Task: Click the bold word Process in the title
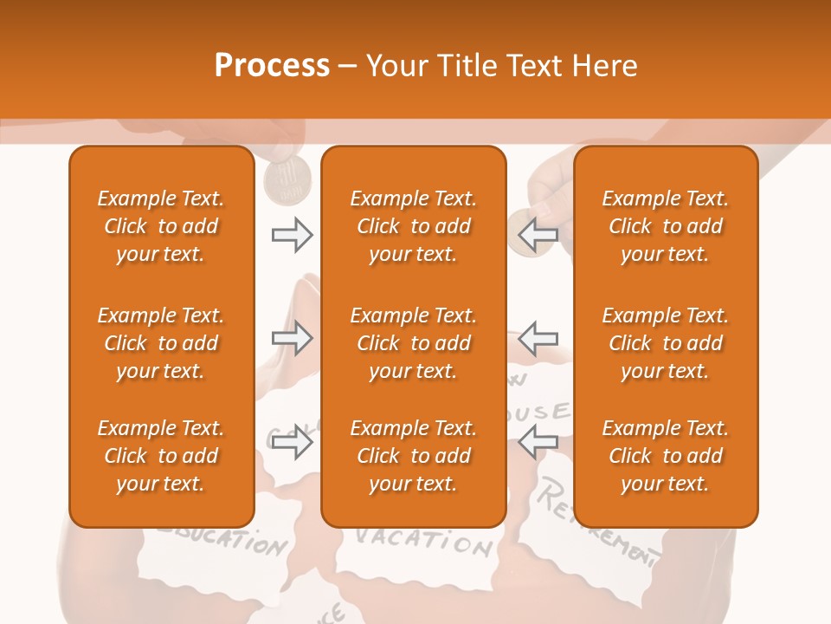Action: pyautogui.click(x=272, y=66)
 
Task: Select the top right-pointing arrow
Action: pyautogui.click(x=292, y=235)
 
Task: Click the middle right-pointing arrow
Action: pyautogui.click(x=292, y=338)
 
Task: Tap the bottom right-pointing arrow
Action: pyautogui.click(x=292, y=443)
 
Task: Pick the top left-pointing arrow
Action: pyautogui.click(x=538, y=235)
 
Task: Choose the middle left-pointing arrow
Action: pyautogui.click(x=538, y=338)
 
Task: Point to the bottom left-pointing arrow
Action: pyautogui.click(x=538, y=443)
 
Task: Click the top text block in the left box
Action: pyautogui.click(x=161, y=226)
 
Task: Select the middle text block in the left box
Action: pyautogui.click(x=161, y=343)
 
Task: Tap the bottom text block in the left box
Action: pyautogui.click(x=161, y=456)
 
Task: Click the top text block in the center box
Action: pyautogui.click(x=414, y=226)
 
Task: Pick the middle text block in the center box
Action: pyautogui.click(x=414, y=343)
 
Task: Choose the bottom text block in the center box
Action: pyautogui.click(x=414, y=456)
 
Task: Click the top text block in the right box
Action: pyautogui.click(x=666, y=226)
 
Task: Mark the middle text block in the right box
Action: pyautogui.click(x=666, y=343)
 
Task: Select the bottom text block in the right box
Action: pyautogui.click(x=666, y=456)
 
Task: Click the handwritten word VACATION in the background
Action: pyautogui.click(x=423, y=542)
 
